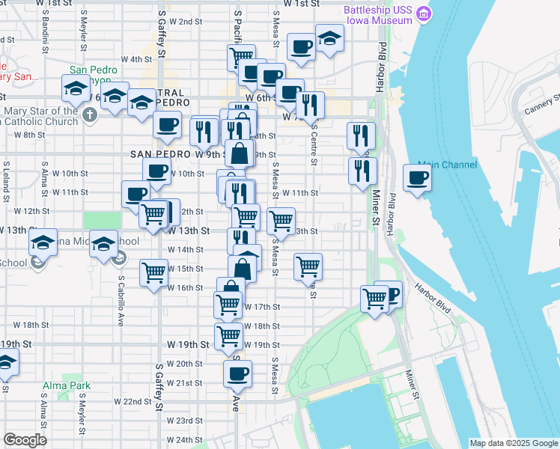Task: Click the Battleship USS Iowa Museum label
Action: [x=378, y=14]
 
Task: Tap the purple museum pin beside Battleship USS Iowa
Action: [x=424, y=13]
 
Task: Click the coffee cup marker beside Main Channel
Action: [x=418, y=178]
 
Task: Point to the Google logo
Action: [x=25, y=440]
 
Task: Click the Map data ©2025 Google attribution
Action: [x=512, y=443]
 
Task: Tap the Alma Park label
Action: [x=67, y=386]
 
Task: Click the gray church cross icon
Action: [x=90, y=114]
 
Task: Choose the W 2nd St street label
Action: [x=186, y=22]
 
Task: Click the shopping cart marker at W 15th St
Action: [x=153, y=273]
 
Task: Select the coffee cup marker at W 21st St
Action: [x=238, y=373]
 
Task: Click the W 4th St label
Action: [x=136, y=59]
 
